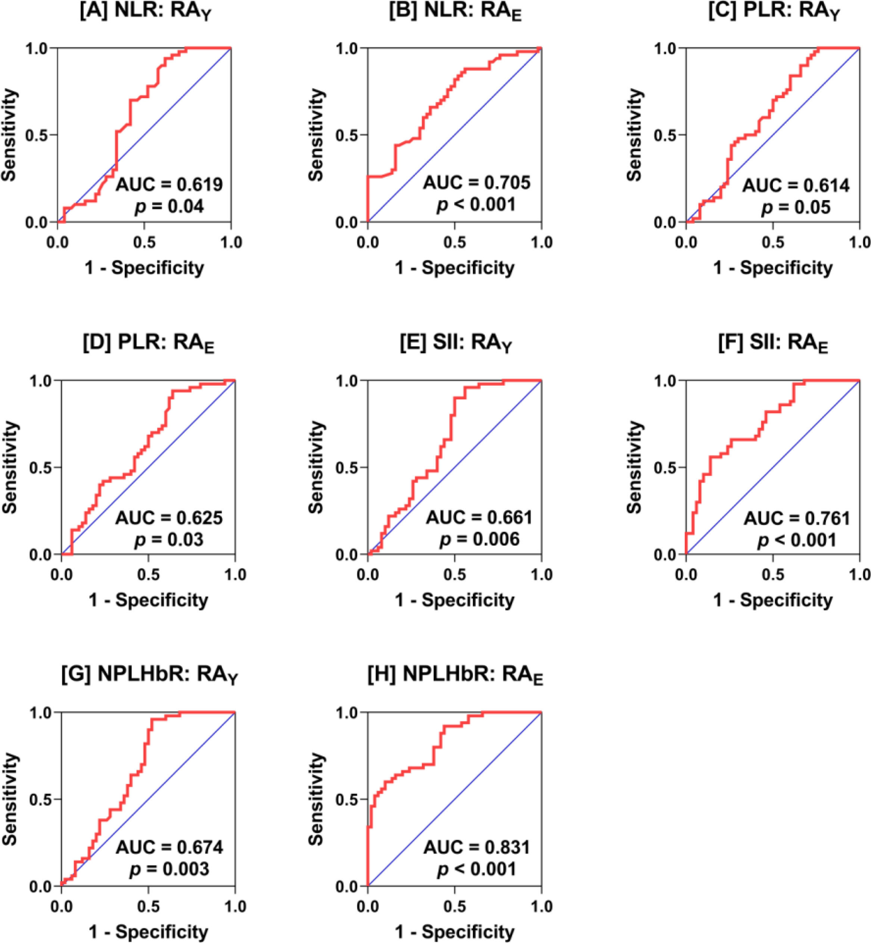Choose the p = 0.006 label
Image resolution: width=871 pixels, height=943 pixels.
479,539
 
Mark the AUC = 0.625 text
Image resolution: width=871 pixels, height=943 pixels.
169,518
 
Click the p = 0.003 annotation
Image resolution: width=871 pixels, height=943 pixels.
169,869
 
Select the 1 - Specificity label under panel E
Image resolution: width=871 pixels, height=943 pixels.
454,600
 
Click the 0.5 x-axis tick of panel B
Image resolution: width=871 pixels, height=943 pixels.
454,242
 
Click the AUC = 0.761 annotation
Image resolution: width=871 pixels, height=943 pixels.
797,518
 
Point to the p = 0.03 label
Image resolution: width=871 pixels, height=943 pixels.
169,539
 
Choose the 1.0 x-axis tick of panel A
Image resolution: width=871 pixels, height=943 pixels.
231,242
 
